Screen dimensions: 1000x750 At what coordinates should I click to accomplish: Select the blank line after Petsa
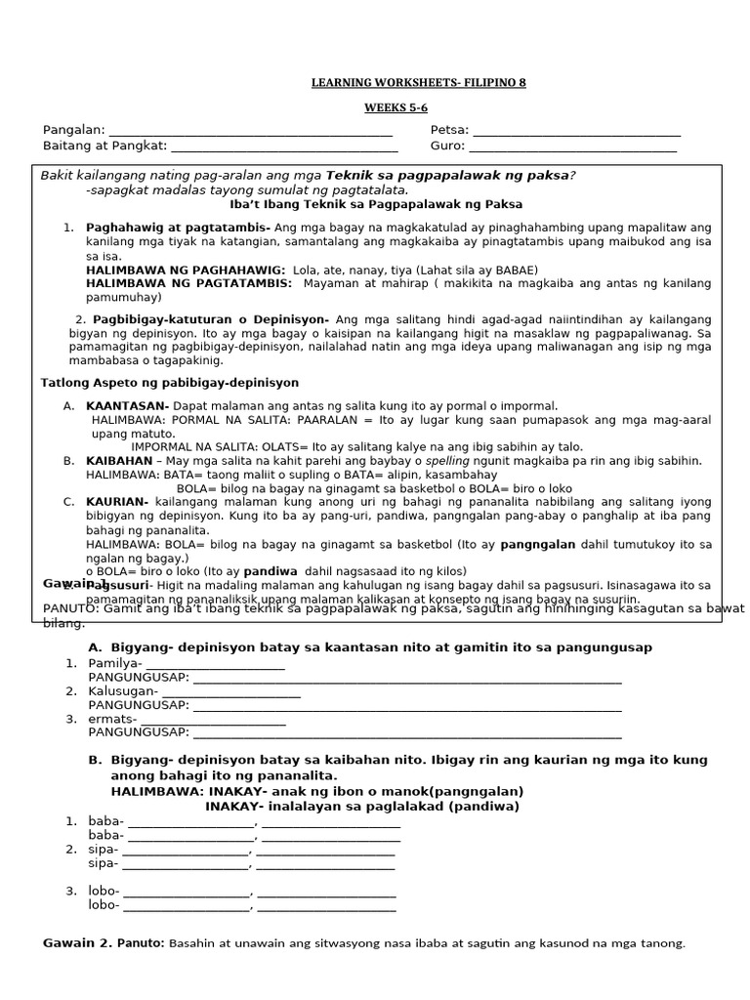pos(576,132)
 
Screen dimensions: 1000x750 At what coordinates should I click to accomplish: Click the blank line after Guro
pos(573,148)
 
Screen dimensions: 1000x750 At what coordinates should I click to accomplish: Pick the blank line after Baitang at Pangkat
pos(284,148)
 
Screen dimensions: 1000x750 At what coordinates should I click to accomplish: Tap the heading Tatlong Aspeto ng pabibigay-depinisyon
pos(170,382)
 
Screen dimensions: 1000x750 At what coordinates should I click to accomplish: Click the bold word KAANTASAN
pos(127,405)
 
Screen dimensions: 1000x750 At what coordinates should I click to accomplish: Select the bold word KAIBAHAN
pos(120,460)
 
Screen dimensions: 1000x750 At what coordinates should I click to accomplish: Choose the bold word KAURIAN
pos(117,501)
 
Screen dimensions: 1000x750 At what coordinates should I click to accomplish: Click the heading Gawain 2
pos(77,942)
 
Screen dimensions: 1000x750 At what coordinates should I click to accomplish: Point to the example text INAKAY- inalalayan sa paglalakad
pos(361,807)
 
